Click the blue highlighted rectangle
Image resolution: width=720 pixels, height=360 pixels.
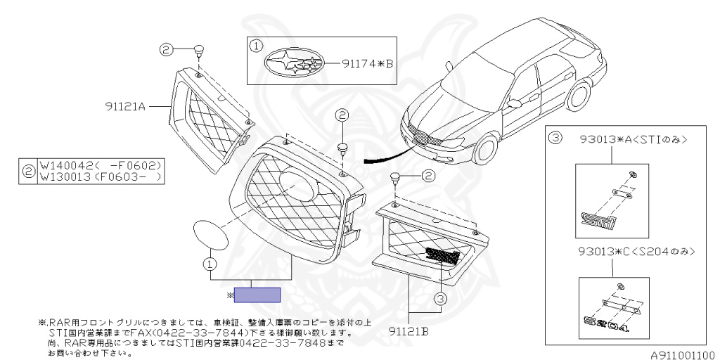257,295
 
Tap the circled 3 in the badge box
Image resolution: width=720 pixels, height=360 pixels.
555,139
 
